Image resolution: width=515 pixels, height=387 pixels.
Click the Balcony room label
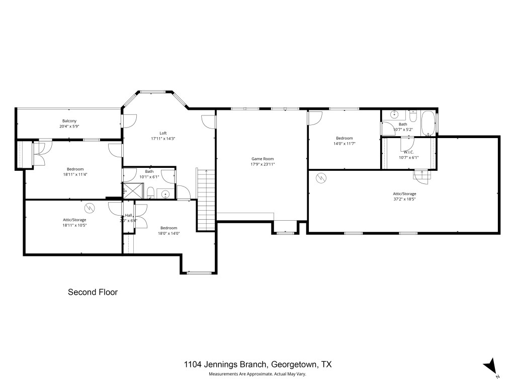(69, 121)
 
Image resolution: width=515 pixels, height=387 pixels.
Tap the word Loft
(163, 133)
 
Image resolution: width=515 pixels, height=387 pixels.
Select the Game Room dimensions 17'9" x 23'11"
(262, 164)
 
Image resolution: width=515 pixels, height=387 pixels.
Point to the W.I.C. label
(408, 152)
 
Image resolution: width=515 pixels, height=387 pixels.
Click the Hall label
(128, 215)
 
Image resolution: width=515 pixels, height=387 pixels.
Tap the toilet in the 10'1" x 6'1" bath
(151, 192)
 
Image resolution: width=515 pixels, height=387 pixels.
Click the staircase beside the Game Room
(206, 201)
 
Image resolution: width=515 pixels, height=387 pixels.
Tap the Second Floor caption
(93, 292)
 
